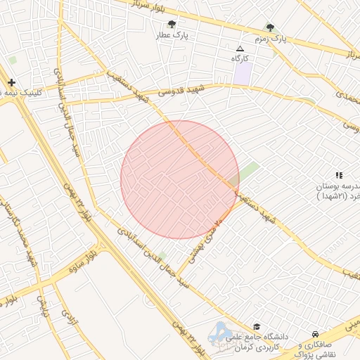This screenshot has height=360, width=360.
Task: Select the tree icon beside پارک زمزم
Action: [271, 27]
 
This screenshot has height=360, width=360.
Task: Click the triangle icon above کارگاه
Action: [240, 49]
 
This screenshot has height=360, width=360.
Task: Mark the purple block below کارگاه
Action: [243, 74]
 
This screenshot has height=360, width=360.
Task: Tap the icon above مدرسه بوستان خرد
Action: [339, 175]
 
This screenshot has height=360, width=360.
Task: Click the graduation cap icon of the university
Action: [257, 327]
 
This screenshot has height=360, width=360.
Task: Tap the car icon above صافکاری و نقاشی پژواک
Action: [315, 334]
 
